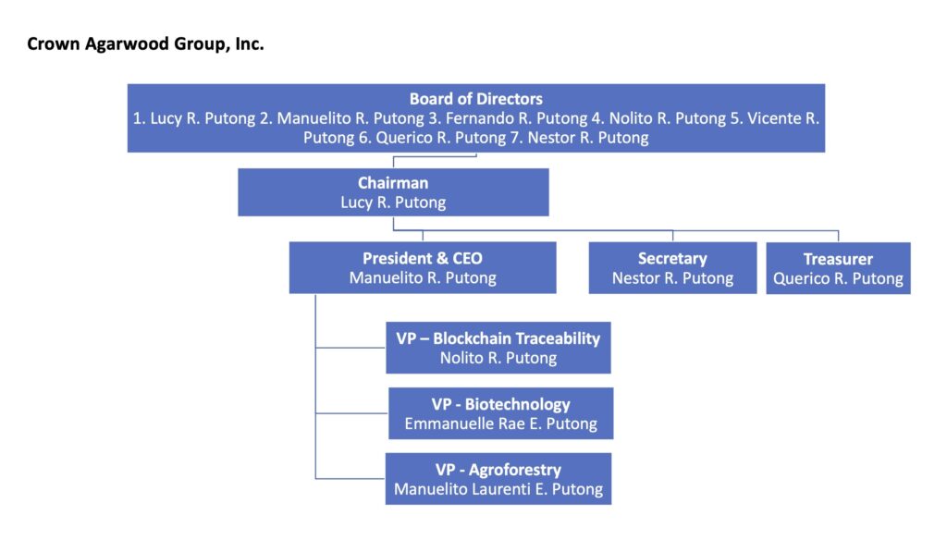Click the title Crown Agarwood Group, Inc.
click(x=145, y=43)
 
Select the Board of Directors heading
click(x=475, y=99)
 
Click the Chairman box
click(x=393, y=192)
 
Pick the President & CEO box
click(x=423, y=267)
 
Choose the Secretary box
click(x=672, y=267)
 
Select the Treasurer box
click(x=838, y=268)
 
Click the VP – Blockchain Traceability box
click(x=498, y=348)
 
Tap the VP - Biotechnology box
click(x=500, y=413)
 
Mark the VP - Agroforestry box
click(x=498, y=478)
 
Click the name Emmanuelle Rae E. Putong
click(x=500, y=424)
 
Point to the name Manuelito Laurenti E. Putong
click(x=498, y=489)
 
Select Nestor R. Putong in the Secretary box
click(x=672, y=278)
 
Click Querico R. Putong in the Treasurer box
click(x=838, y=279)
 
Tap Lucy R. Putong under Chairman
click(x=393, y=202)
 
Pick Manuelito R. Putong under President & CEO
click(x=423, y=278)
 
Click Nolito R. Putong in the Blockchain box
click(x=498, y=358)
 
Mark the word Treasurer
click(x=838, y=259)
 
